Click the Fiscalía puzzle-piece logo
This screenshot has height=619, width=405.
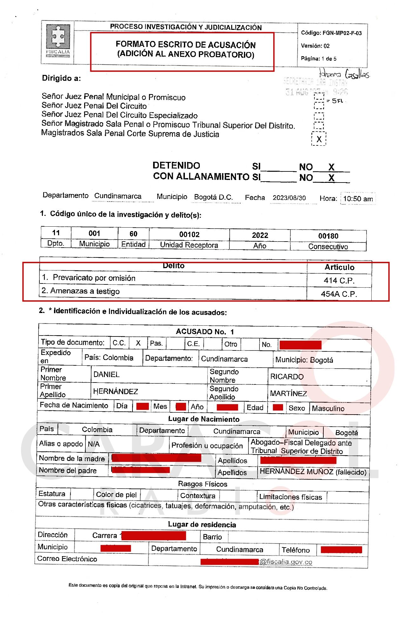pyautogui.click(x=58, y=37)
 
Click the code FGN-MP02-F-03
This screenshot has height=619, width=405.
pyautogui.click(x=331, y=33)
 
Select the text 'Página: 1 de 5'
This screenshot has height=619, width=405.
pyautogui.click(x=319, y=59)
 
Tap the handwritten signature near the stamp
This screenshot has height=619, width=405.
pyautogui.click(x=344, y=74)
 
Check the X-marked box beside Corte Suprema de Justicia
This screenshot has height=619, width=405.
pyautogui.click(x=319, y=139)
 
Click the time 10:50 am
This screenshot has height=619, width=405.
pyautogui.click(x=358, y=199)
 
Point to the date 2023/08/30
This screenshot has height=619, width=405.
pyautogui.click(x=289, y=198)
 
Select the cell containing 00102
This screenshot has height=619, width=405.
pyautogui.click(x=189, y=235)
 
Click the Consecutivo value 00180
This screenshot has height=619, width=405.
pyautogui.click(x=328, y=236)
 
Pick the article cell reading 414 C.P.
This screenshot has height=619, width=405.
pyautogui.click(x=339, y=281)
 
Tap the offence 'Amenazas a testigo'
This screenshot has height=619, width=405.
pyautogui.click(x=85, y=291)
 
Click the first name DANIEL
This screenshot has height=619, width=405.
pyautogui.click(x=106, y=375)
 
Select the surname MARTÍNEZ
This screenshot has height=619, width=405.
pyautogui.click(x=288, y=394)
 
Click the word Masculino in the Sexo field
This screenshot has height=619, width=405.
pyautogui.click(x=328, y=409)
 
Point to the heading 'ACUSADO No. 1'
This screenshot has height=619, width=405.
pyautogui.click(x=205, y=332)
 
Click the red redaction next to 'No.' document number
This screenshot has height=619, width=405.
pyautogui.click(x=300, y=345)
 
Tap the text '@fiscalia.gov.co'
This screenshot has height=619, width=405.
pyautogui.click(x=286, y=562)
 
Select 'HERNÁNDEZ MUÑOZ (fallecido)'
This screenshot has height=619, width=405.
pyautogui.click(x=313, y=472)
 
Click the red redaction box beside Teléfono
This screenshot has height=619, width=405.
pyautogui.click(x=341, y=550)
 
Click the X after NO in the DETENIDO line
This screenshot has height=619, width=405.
pyautogui.click(x=331, y=167)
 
